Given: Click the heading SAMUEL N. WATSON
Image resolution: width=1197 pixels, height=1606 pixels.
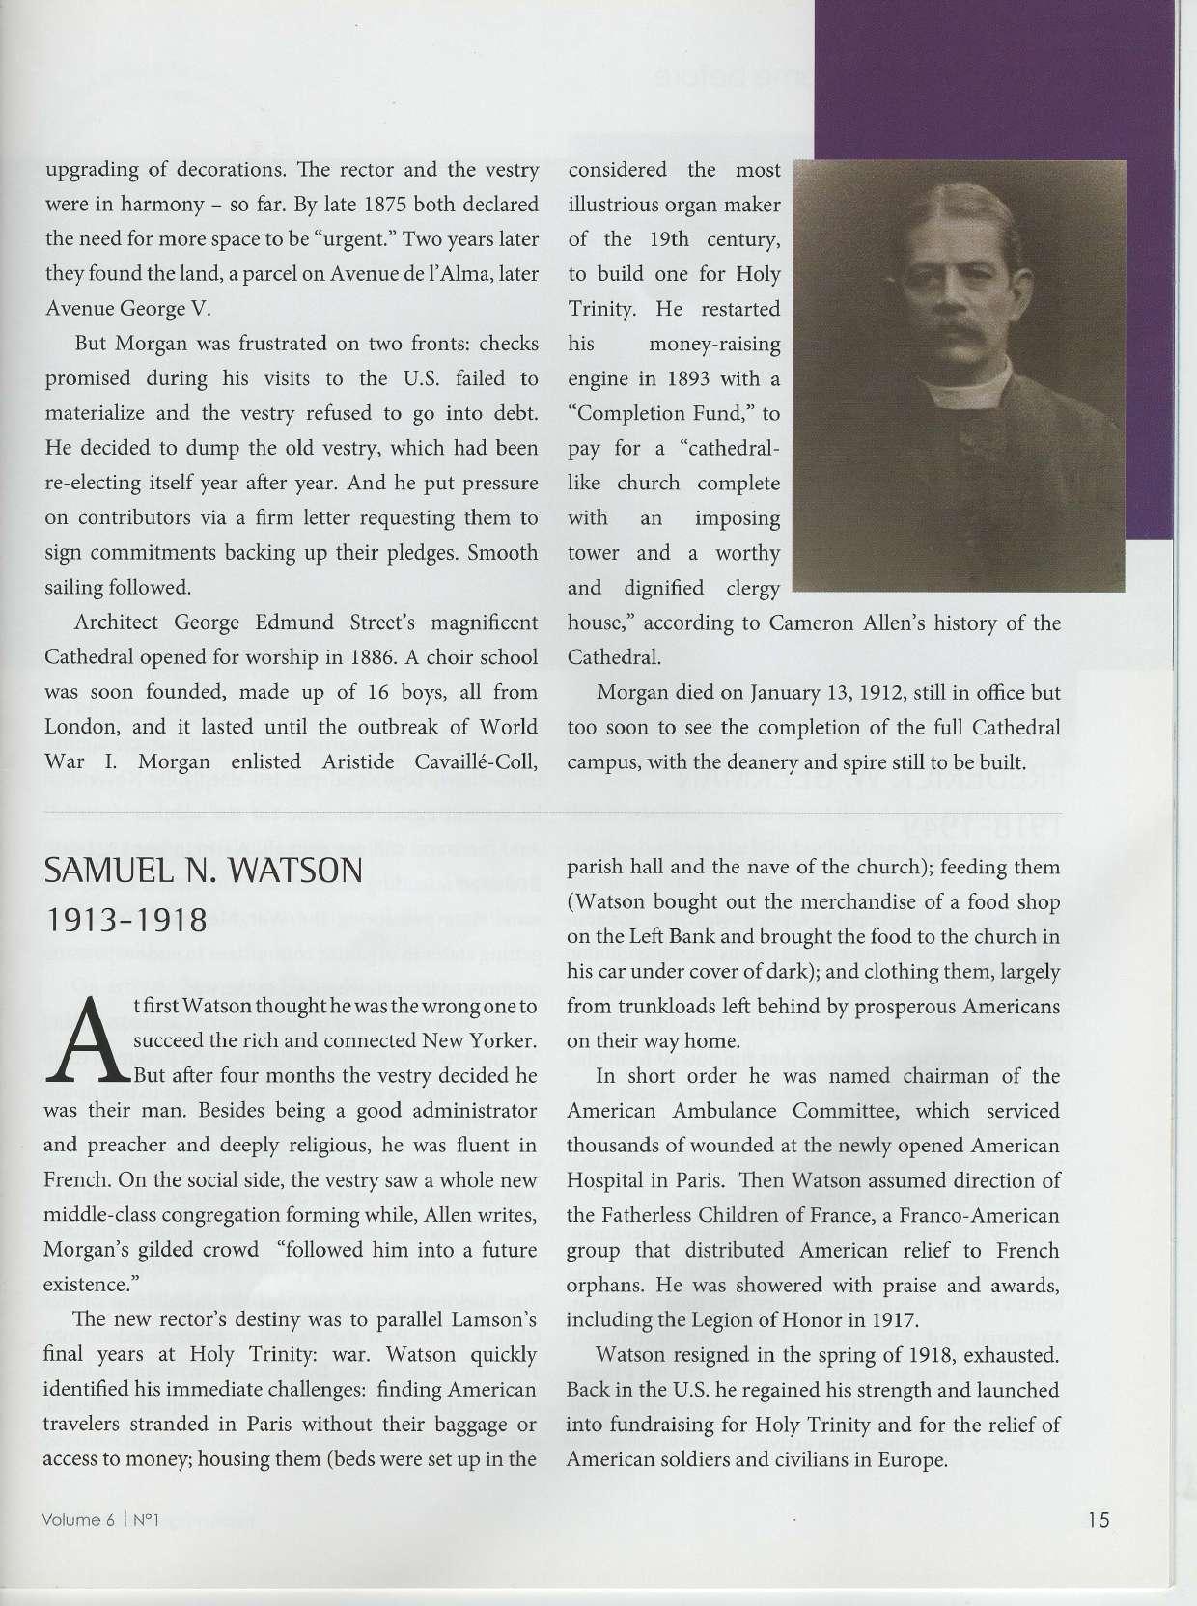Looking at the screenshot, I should (204, 872).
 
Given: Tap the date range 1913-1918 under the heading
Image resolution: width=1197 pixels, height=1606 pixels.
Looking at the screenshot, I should (126, 920).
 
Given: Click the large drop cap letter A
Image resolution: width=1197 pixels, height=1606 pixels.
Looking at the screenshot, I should (86, 1040).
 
